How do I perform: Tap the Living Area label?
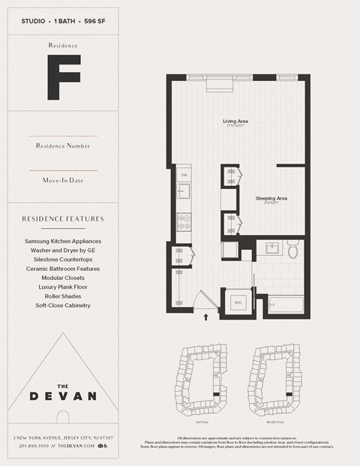click(x=235, y=121)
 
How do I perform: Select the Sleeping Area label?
click(x=271, y=198)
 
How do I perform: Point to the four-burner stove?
click(x=183, y=221)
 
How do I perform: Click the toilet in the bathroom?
click(x=293, y=251)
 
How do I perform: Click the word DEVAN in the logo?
click(x=62, y=395)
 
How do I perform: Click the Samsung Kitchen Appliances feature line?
click(x=62, y=242)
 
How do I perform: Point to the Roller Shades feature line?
click(x=62, y=296)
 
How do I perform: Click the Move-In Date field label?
click(x=62, y=180)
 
